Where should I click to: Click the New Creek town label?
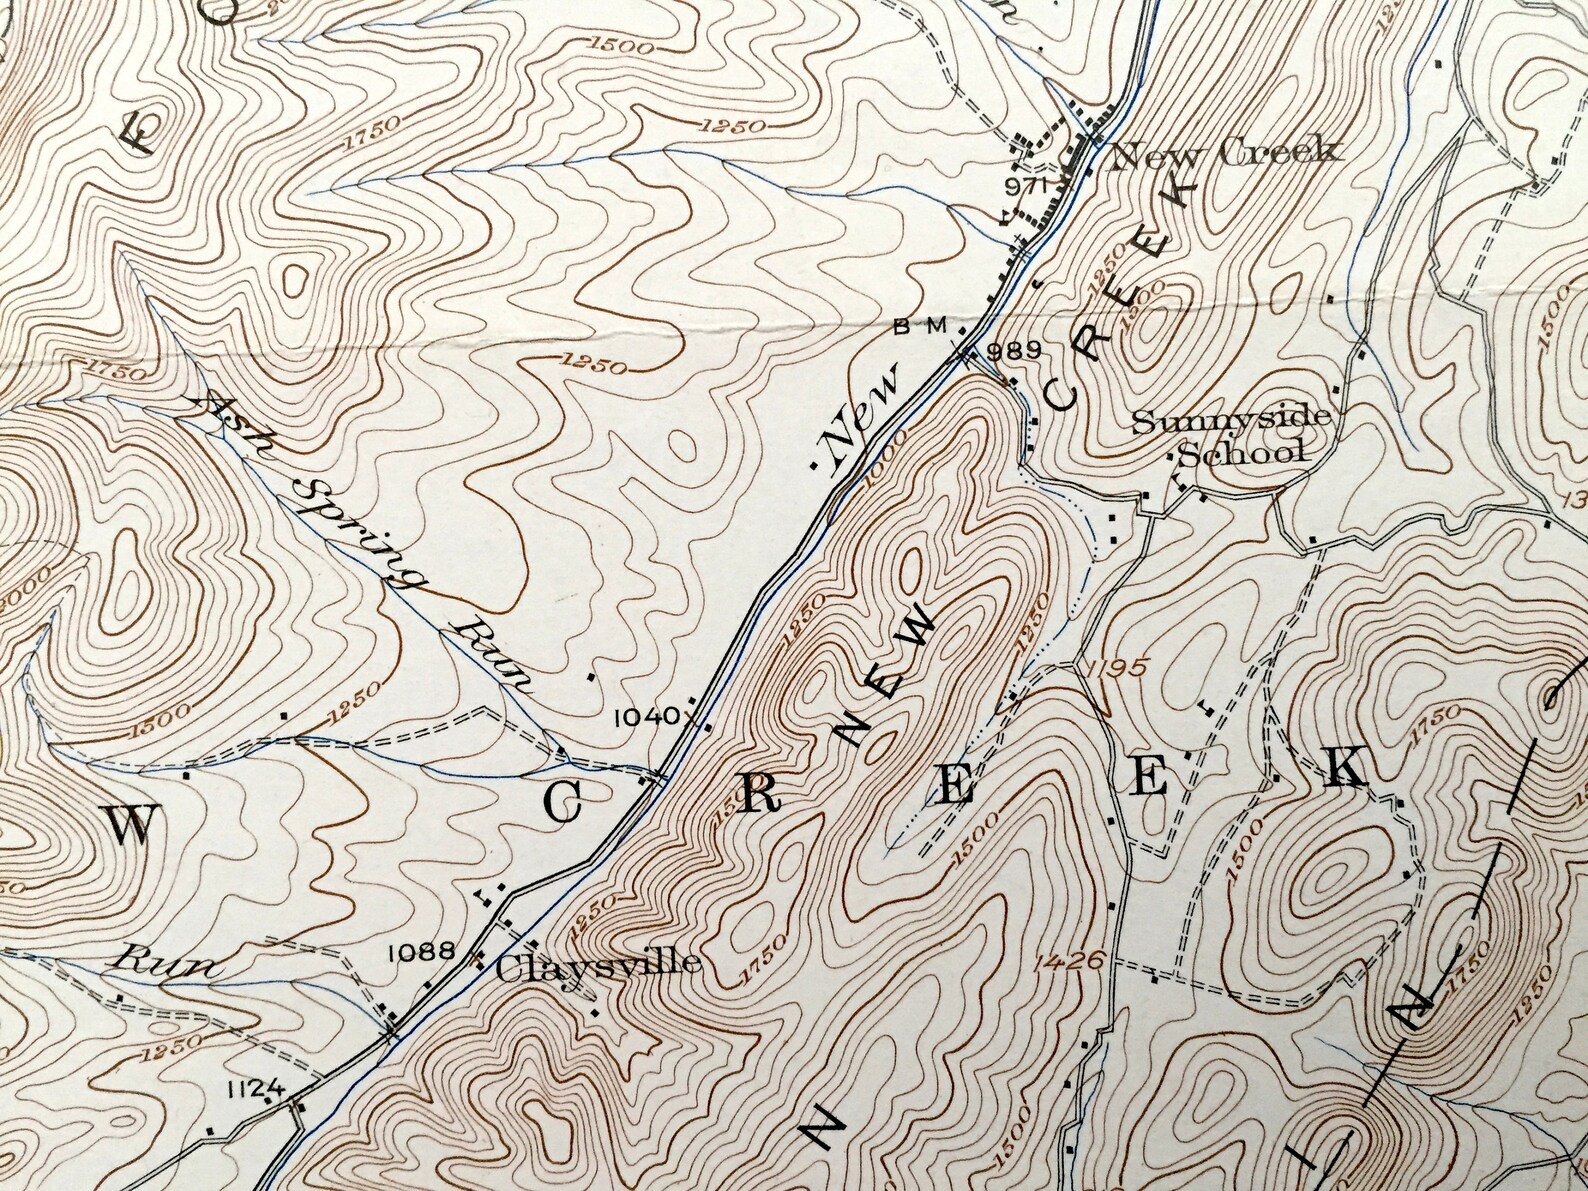click(x=1224, y=153)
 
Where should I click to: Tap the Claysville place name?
click(x=597, y=965)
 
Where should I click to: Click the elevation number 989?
click(x=1014, y=350)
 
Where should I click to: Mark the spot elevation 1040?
click(x=646, y=716)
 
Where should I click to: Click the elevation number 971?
click(x=1026, y=186)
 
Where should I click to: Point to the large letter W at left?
click(x=131, y=826)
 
